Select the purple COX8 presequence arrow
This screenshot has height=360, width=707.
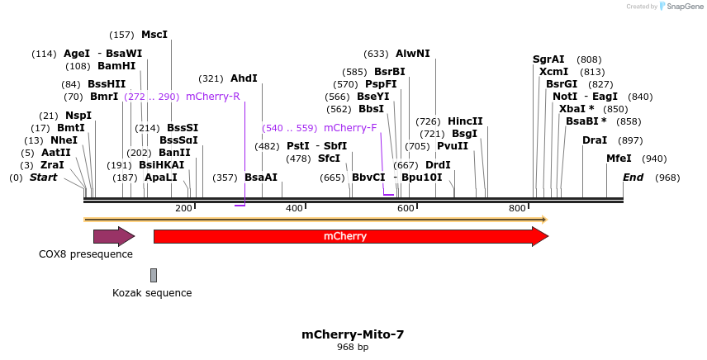[113, 237]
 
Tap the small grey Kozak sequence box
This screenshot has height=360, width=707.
[154, 275]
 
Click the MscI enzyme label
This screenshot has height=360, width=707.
[154, 35]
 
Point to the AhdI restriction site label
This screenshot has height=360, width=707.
[244, 78]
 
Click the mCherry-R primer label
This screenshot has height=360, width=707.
[212, 97]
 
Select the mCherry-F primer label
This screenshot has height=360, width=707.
[350, 128]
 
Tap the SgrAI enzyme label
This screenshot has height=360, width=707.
[548, 59]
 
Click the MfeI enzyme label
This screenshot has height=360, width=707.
[619, 159]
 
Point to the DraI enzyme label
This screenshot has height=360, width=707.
[595, 140]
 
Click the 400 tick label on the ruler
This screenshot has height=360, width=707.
[295, 208]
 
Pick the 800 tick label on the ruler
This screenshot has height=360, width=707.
[517, 208]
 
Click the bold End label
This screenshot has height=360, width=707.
[633, 178]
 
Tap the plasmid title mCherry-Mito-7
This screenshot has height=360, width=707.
[353, 334]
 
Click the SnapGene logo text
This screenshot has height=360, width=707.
[682, 7]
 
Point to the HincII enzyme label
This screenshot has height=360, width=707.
[465, 121]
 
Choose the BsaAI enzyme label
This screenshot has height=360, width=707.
[261, 178]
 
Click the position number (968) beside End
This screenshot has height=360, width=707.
[667, 178]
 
